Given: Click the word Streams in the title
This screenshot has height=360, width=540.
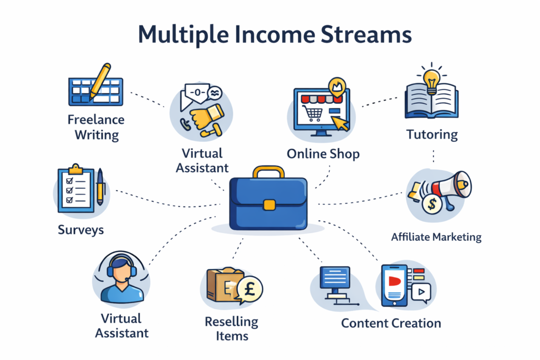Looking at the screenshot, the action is tap(366, 34).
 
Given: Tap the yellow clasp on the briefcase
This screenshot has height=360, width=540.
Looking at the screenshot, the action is tap(269, 205).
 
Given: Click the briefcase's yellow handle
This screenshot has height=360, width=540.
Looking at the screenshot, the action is tap(268, 171).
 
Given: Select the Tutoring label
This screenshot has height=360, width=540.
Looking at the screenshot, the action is tap(432, 134).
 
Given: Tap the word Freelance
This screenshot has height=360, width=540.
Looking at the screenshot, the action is tap(96, 120).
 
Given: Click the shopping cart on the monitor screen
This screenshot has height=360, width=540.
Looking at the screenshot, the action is tap(312, 113).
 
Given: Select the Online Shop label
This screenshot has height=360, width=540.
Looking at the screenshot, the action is tap(323, 154).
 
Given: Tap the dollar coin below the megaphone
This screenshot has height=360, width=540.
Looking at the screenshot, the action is tap(432, 204).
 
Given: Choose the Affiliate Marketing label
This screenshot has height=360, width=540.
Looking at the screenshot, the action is tap(436, 237).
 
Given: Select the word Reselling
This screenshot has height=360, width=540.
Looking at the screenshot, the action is tap(232, 322).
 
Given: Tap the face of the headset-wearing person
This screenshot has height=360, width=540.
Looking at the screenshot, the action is tap(122, 273).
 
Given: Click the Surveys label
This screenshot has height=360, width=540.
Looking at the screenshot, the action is tap(81, 230).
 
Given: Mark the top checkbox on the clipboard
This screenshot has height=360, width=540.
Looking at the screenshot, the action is tap(70, 181).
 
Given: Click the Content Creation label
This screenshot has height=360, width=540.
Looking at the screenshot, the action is tap(391, 323).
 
